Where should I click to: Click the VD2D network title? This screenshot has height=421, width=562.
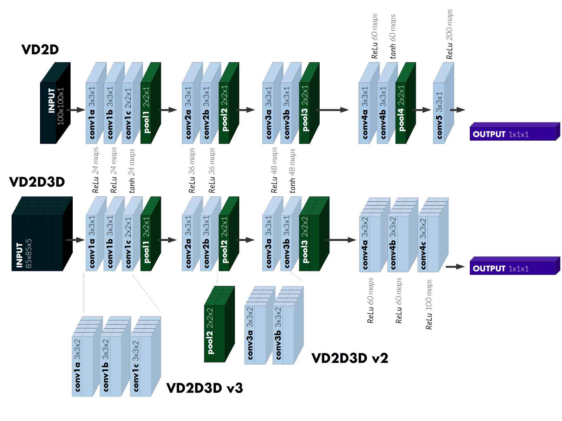pyautogui.click(x=40, y=49)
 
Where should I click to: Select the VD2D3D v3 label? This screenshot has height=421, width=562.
pyautogui.click(x=204, y=388)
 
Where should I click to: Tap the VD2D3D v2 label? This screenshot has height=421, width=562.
pyautogui.click(x=350, y=358)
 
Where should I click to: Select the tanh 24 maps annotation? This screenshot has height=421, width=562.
pyautogui.click(x=132, y=170)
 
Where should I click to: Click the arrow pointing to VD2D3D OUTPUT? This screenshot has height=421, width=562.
pyautogui.click(x=456, y=267)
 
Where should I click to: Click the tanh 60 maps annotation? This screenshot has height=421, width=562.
pyautogui.click(x=393, y=36)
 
